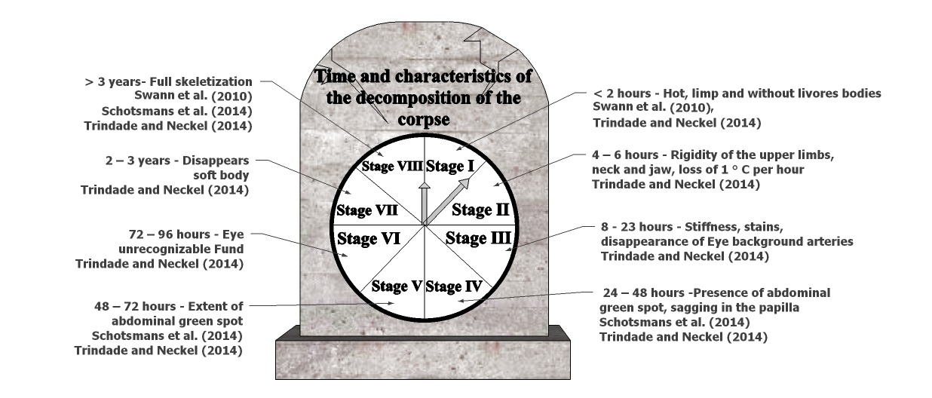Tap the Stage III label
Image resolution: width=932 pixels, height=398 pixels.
(x=478, y=239)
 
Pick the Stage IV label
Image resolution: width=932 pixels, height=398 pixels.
(x=453, y=286)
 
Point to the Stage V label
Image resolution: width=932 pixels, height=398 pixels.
(x=397, y=286)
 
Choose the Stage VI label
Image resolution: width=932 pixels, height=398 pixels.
(x=368, y=239)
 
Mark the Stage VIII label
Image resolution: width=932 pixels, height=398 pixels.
(x=391, y=166)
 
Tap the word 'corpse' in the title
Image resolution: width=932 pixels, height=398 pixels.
(x=423, y=119)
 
